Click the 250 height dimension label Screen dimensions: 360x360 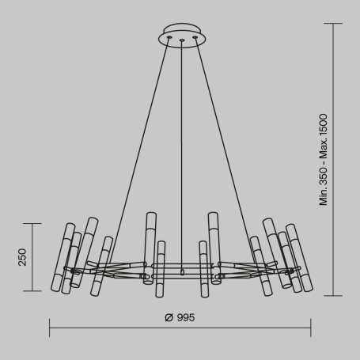pos(23,258)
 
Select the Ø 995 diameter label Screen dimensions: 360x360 pos(180,317)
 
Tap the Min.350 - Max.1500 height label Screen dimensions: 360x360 pos(324,158)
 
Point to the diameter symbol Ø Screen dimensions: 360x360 pos(169,317)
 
